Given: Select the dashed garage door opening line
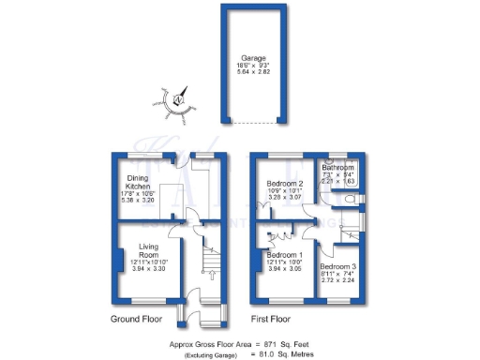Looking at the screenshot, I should pyautogui.click(x=253, y=123).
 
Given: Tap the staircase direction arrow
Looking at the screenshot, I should pyautogui.click(x=207, y=275).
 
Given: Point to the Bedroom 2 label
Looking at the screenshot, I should pyautogui.click(x=283, y=184).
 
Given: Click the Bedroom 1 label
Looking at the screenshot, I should pyautogui.click(x=285, y=255).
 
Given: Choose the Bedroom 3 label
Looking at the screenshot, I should pyautogui.click(x=340, y=267).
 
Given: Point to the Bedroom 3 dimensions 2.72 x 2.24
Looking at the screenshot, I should pyautogui.click(x=340, y=280).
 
